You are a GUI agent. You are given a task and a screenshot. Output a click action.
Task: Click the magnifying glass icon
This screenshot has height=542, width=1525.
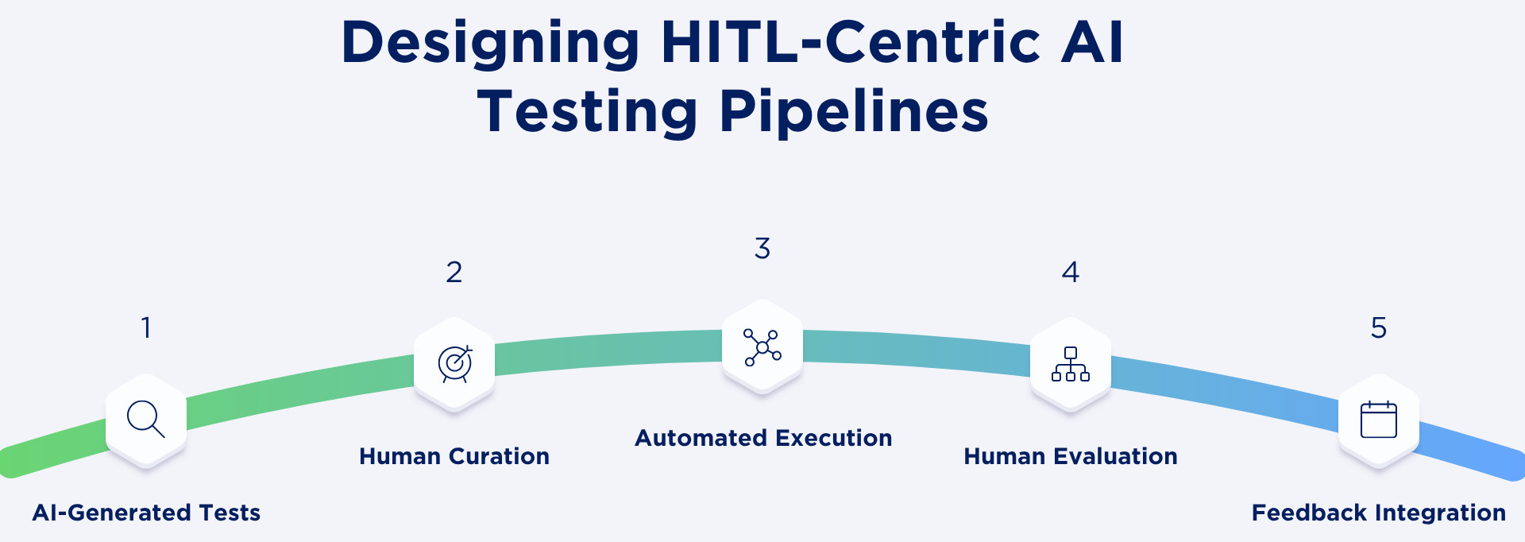[146, 419]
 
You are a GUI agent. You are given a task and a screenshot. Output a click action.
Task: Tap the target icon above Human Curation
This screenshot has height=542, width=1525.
[455, 364]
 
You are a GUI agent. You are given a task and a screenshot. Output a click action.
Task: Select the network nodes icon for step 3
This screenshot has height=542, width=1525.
[762, 347]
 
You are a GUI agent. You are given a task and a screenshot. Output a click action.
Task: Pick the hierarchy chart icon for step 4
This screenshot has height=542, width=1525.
[1071, 364]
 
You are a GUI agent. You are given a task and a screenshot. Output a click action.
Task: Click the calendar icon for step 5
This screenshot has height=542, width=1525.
[1379, 419]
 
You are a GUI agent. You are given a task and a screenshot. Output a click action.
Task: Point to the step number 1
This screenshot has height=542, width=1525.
[146, 327]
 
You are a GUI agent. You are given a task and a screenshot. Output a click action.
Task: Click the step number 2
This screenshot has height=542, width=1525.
[454, 273]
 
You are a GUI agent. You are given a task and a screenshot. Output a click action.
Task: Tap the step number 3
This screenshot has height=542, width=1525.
[762, 249]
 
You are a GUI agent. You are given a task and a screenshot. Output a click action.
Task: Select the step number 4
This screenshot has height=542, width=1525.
[1071, 273]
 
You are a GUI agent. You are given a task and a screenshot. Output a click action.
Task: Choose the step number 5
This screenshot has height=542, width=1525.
[1379, 327]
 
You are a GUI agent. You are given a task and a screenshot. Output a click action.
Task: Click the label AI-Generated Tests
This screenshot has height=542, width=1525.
[146, 513]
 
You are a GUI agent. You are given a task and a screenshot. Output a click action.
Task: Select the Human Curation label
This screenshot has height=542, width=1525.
[454, 456]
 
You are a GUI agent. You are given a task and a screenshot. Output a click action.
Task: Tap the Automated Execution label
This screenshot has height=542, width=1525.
[763, 438]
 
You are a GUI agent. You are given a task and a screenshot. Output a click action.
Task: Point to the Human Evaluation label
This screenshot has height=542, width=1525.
[1071, 456]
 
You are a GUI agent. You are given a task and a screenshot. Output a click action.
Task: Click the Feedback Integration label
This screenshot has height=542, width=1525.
[1379, 513]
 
